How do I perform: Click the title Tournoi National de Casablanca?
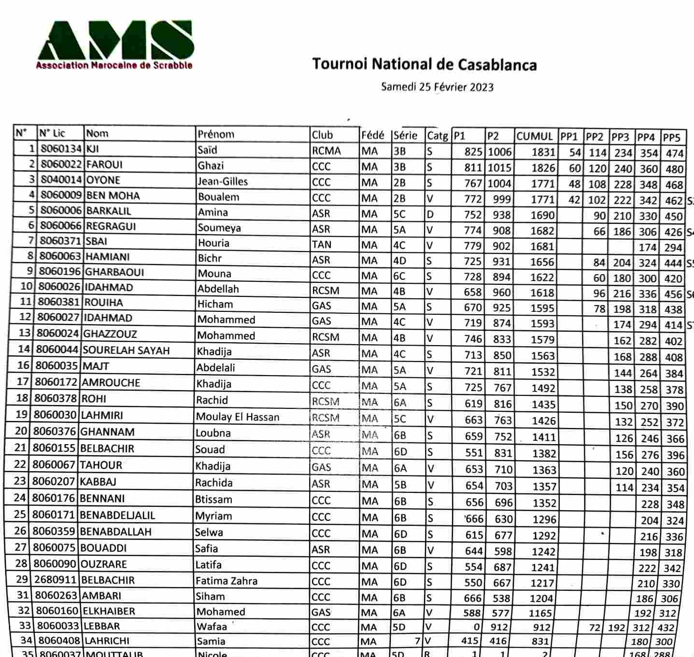pos(424,64)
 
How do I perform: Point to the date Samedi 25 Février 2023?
pos(437,87)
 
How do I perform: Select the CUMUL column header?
pos(534,136)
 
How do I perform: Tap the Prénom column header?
pos(216,134)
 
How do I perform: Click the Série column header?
pos(406,135)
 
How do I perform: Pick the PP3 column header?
pos(620,137)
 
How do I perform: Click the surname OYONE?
pos(103,180)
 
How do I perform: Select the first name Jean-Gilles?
pos(223,182)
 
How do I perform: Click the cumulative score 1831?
pos(543,152)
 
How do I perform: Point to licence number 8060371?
pos(60,241)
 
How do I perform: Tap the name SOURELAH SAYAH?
pos(126,350)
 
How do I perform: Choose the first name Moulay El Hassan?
pos(238,417)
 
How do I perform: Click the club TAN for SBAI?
pos(322,244)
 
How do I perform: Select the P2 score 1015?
pos(499,168)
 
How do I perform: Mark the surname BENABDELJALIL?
pos(117,515)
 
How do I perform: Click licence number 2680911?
pos(55,580)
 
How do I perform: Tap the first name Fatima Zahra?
pos(226,581)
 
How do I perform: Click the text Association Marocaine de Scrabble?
pos(114,65)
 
